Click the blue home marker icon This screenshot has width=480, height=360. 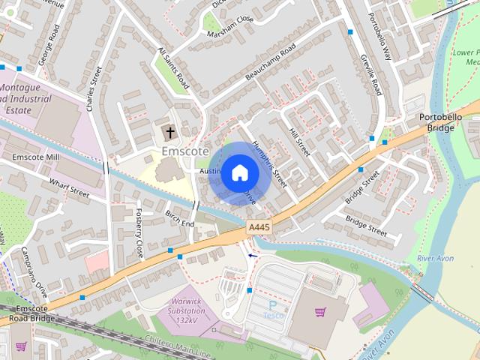239,173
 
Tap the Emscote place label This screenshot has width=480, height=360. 184,151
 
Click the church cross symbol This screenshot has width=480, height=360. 170,133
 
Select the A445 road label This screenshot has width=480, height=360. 258,226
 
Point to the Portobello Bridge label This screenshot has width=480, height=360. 436,122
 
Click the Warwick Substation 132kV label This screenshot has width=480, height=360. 182,310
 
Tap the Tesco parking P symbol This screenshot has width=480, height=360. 273,306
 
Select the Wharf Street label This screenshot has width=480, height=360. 69,185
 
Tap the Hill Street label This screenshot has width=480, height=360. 299,141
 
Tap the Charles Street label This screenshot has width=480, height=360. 94,88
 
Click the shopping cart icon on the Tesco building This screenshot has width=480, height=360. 321,311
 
